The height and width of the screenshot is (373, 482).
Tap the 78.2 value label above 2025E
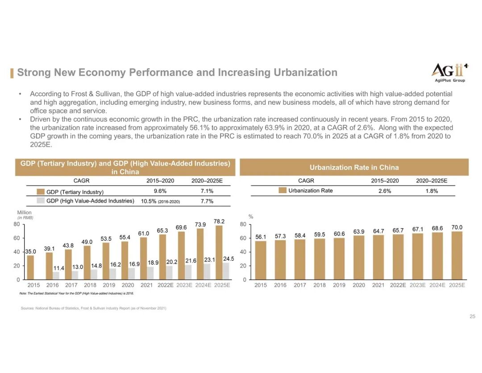(x=219, y=221)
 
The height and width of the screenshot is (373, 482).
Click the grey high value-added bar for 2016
(x=56, y=276)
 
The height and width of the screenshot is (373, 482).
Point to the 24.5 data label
(x=229, y=259)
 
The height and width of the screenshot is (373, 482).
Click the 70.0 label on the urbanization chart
(x=457, y=228)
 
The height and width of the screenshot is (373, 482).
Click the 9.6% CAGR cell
(x=160, y=191)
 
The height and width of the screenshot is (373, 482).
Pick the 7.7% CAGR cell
(x=207, y=201)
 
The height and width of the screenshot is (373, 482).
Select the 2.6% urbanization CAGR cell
(x=385, y=191)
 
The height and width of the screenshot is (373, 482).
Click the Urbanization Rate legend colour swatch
(x=282, y=191)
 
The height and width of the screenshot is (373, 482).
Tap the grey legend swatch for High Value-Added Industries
(x=41, y=201)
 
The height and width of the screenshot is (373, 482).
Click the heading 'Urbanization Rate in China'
(x=354, y=167)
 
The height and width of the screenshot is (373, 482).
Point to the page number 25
(x=472, y=317)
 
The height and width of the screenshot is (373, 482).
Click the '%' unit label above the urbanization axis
(x=250, y=216)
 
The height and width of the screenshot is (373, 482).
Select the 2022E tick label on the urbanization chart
(x=398, y=285)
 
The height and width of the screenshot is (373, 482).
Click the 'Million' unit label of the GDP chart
(x=23, y=213)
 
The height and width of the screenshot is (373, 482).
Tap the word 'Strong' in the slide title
(x=33, y=72)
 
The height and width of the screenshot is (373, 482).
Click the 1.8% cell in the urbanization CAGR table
(x=431, y=191)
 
